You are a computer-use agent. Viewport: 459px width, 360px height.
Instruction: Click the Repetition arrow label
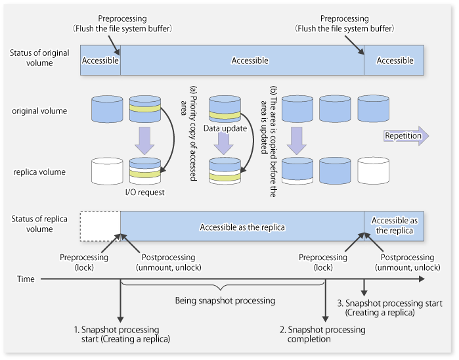tap(403, 136)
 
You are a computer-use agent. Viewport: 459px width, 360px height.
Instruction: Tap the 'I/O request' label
tap(144, 192)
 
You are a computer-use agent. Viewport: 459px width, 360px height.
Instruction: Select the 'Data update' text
tap(225, 128)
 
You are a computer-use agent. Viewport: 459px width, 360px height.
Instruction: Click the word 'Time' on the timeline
tap(26, 279)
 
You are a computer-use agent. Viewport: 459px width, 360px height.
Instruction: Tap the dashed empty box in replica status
tap(100, 227)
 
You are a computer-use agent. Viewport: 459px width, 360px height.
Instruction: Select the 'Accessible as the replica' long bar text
tap(243, 227)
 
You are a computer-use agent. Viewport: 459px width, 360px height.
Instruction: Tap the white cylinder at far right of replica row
tap(374, 170)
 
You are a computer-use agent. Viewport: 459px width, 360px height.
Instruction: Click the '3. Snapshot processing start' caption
tap(376, 308)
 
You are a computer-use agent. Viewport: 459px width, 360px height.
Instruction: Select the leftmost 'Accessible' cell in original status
tap(100, 60)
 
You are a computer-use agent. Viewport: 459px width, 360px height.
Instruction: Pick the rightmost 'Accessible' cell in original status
tap(395, 60)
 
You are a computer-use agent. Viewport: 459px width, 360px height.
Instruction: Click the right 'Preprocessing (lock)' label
tap(322, 262)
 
